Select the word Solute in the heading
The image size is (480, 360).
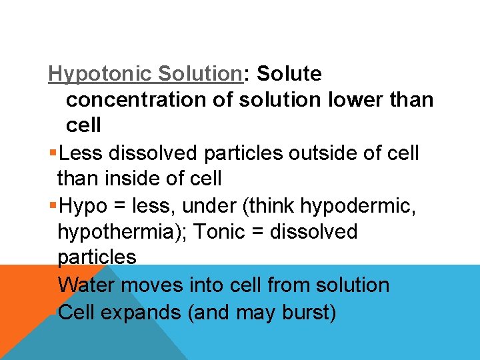pyautogui.click(x=289, y=74)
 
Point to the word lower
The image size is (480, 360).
pyautogui.click(x=357, y=100)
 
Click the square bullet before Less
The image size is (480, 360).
pyautogui.click(x=53, y=153)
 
